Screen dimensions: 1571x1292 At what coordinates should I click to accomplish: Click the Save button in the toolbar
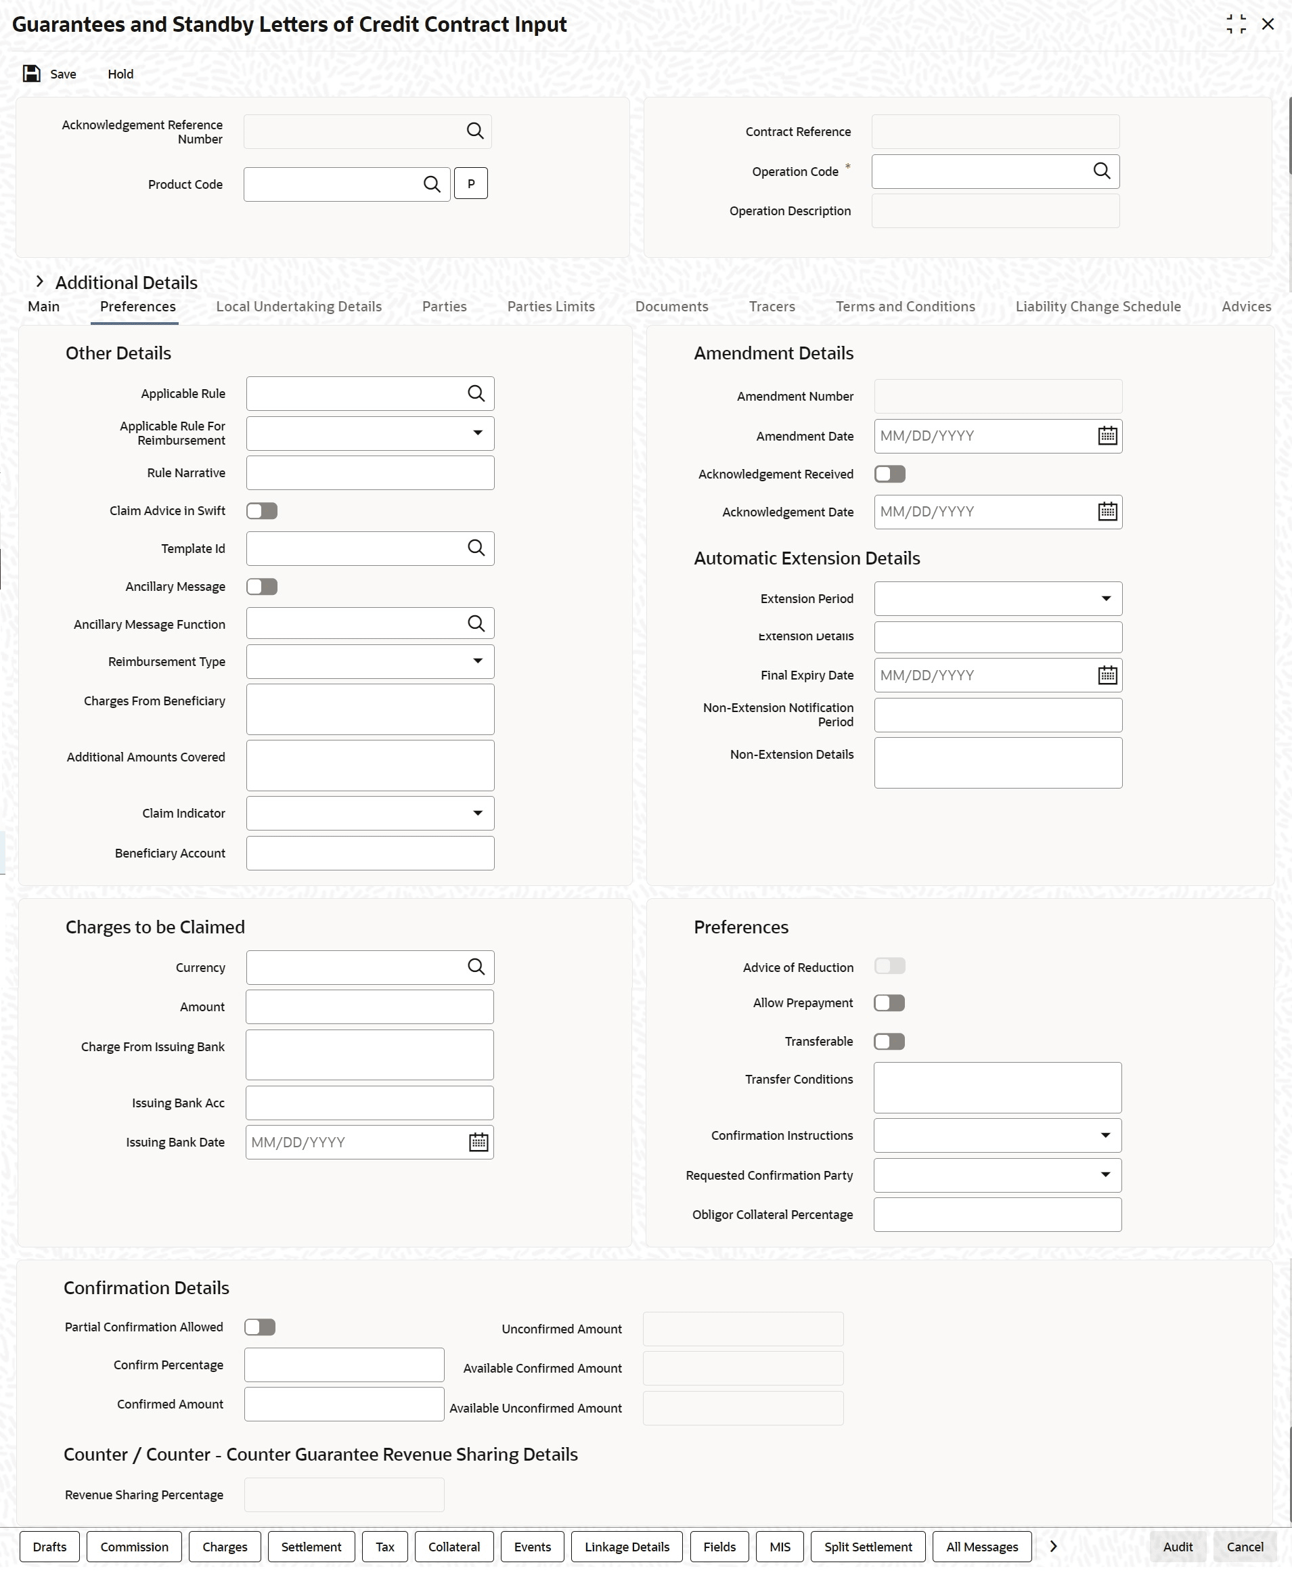click(50, 74)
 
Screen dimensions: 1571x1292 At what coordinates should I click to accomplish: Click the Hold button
click(120, 74)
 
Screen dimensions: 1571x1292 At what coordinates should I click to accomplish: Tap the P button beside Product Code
click(470, 184)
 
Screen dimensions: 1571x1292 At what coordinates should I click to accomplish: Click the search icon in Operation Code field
click(1101, 171)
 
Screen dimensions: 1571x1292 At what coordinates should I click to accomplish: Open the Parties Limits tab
click(551, 307)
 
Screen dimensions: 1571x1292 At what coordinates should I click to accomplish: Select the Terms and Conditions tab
click(905, 307)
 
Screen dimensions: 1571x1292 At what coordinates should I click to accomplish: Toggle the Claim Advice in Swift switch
click(262, 511)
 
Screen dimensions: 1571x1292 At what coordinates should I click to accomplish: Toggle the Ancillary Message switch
click(262, 587)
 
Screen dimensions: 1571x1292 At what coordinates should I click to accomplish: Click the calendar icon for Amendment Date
click(1107, 436)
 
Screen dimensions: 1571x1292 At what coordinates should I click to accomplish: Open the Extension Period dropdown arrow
click(1106, 599)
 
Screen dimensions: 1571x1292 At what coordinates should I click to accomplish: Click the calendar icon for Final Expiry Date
click(1107, 676)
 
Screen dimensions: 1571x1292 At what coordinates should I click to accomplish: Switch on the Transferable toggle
click(889, 1042)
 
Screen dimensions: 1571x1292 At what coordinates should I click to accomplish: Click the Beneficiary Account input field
click(370, 854)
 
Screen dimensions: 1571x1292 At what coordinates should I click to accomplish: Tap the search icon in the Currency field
click(476, 967)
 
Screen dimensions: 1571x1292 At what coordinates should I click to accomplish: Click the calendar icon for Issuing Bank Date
click(478, 1143)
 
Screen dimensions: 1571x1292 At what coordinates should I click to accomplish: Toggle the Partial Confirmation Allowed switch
click(260, 1327)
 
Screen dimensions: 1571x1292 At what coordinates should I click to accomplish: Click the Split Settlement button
click(868, 1547)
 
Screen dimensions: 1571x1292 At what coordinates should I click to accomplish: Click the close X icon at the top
click(1268, 24)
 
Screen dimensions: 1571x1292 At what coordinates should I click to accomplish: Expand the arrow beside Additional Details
click(40, 282)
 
